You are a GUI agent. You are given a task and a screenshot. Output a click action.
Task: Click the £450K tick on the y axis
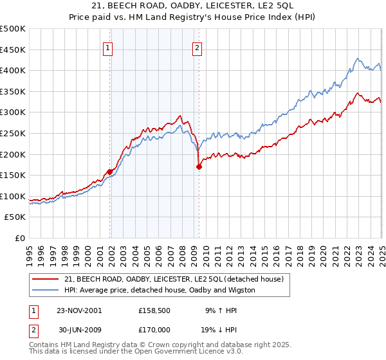pyautogui.click(x=13, y=50)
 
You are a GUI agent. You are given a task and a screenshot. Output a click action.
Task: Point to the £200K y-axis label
pyautogui.click(x=13, y=154)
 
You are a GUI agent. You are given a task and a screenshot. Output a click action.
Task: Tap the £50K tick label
pyautogui.click(x=15, y=217)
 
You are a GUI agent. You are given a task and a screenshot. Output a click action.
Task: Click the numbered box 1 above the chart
pyautogui.click(x=107, y=47)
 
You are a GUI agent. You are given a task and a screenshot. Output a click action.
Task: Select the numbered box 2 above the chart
pyautogui.click(x=196, y=47)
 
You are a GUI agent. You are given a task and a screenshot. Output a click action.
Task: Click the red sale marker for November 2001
pyautogui.click(x=110, y=172)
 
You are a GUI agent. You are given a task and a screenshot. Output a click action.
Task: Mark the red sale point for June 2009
pyautogui.click(x=199, y=166)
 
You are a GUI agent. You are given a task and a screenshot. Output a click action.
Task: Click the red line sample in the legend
pyautogui.click(x=46, y=278)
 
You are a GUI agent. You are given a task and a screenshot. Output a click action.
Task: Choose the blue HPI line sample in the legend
pyautogui.click(x=46, y=290)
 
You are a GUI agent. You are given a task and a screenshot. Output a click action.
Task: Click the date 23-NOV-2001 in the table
pyautogui.click(x=79, y=310)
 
